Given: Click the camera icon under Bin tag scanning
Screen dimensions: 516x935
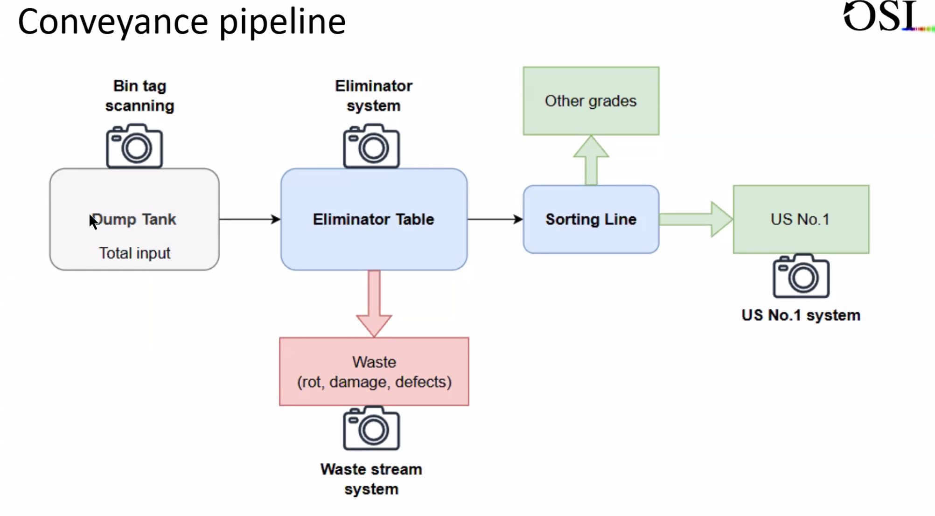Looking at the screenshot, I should tap(134, 146).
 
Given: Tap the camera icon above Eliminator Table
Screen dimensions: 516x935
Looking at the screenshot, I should tap(371, 146).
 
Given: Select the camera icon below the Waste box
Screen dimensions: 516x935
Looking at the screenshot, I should tap(371, 428).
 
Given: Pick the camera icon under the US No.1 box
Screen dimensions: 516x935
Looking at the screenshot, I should tap(801, 276).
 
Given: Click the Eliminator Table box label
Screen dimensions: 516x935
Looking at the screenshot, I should tap(373, 219).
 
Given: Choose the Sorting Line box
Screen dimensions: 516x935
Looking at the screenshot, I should tap(591, 219).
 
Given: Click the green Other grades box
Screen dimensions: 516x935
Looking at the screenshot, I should tap(591, 101).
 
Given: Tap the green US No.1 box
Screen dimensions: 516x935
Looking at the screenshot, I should tap(801, 219).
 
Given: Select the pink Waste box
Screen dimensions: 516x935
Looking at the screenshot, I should tap(374, 371).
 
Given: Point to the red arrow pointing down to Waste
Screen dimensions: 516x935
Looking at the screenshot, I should tap(374, 303).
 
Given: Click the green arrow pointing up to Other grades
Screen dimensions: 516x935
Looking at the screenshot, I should tap(591, 160).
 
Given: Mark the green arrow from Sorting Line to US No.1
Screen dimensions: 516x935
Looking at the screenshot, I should tap(695, 219).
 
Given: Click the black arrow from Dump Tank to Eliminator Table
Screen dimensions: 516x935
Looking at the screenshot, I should tap(250, 219).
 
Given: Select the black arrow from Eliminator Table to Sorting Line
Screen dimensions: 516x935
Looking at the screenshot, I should tap(495, 219).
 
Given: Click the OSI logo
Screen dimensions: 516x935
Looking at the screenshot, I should tap(882, 17).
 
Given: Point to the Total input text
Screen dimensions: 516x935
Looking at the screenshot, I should tap(134, 253).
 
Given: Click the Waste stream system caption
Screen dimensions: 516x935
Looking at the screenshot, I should tap(371, 479).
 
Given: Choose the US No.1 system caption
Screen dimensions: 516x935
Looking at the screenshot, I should tap(801, 315).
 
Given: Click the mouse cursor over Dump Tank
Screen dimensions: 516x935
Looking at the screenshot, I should tap(93, 222).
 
